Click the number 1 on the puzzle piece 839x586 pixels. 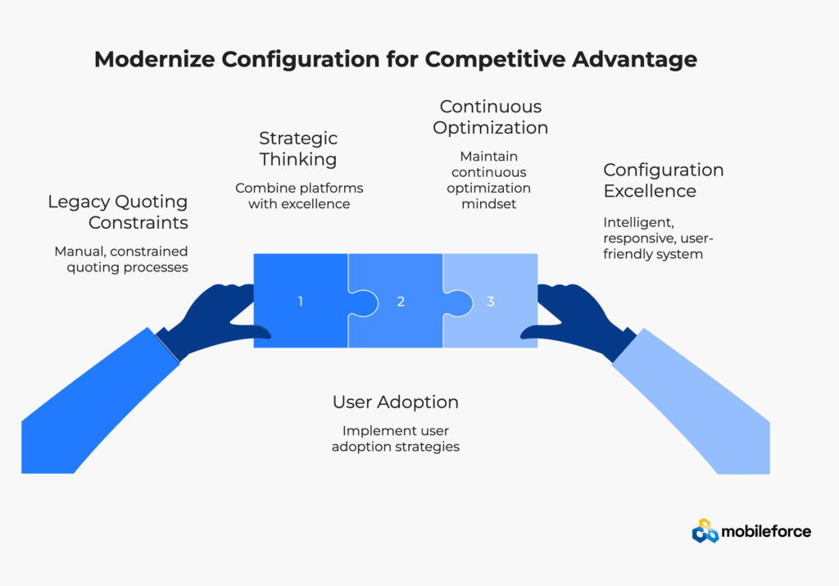tap(300, 301)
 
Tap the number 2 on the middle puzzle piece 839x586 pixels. tap(401, 301)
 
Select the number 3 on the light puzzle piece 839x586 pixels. tap(490, 301)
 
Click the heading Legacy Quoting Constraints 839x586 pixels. tap(117, 212)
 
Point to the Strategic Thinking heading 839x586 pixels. tap(298, 149)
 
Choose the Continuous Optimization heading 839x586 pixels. tap(490, 117)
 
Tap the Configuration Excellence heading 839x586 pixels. tap(663, 180)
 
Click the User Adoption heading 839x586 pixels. tap(395, 402)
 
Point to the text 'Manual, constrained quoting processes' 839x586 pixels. tap(120, 259)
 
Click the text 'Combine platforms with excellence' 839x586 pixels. tap(299, 196)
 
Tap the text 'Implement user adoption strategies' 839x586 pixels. tap(395, 438)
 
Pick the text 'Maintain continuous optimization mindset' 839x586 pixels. tap(490, 180)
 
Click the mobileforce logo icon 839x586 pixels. tap(705, 532)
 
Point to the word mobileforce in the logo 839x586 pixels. tap(766, 532)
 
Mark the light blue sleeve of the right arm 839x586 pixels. tap(696, 402)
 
